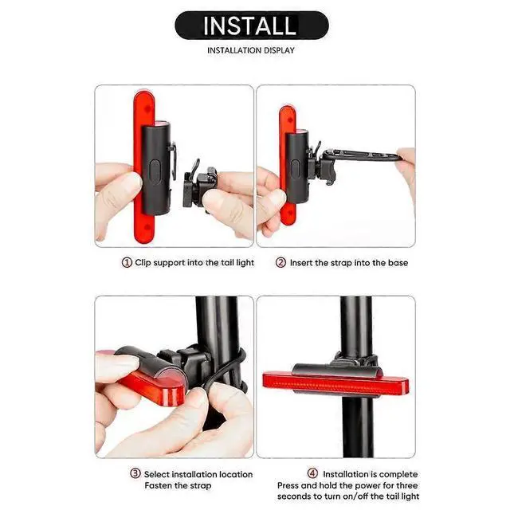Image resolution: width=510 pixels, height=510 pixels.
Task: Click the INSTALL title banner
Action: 251,25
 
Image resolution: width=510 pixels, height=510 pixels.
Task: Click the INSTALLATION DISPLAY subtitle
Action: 251,51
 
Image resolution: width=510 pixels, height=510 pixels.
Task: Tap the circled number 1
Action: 126,263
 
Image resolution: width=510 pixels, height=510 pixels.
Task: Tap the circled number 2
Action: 280,263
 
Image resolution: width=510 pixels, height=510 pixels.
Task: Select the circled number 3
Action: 136,474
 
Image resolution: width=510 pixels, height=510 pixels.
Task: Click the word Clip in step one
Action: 143,263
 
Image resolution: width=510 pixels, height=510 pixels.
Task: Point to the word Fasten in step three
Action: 159,485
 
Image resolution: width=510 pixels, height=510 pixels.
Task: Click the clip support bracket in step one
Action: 195,186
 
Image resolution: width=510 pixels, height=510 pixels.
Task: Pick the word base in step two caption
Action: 395,263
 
